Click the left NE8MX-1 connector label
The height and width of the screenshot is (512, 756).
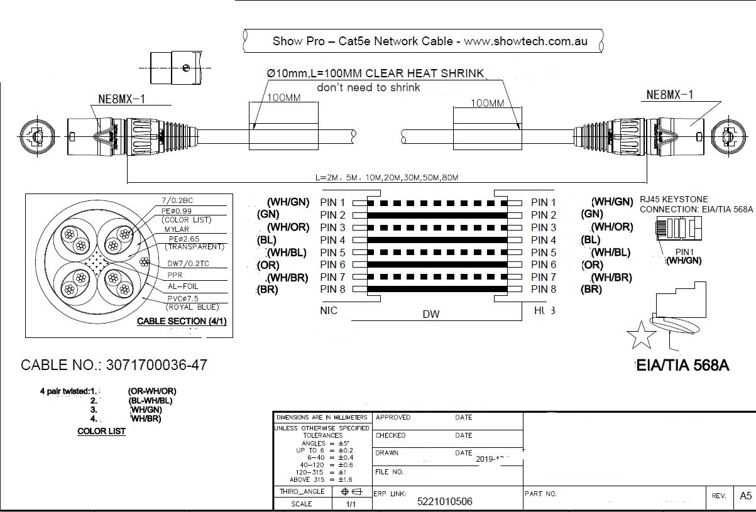click(126, 98)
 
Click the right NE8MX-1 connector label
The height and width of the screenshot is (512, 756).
click(670, 95)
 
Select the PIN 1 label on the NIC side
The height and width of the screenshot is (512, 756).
click(332, 202)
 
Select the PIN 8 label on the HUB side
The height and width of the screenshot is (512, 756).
click(544, 290)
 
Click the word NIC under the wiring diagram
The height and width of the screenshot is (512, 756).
click(329, 311)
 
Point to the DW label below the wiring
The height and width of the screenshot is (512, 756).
click(431, 315)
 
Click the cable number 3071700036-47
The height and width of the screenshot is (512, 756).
click(156, 365)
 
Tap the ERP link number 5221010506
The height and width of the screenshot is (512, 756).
click(444, 501)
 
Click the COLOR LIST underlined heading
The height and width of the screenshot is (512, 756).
click(101, 431)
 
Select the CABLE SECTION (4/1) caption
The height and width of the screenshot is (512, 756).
click(182, 322)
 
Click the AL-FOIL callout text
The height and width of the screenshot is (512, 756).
click(183, 285)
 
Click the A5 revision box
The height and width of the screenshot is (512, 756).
click(745, 496)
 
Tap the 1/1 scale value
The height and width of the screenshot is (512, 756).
click(351, 504)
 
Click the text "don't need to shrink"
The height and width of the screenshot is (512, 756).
click(368, 87)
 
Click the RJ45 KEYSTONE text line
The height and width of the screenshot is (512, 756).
click(674, 199)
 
